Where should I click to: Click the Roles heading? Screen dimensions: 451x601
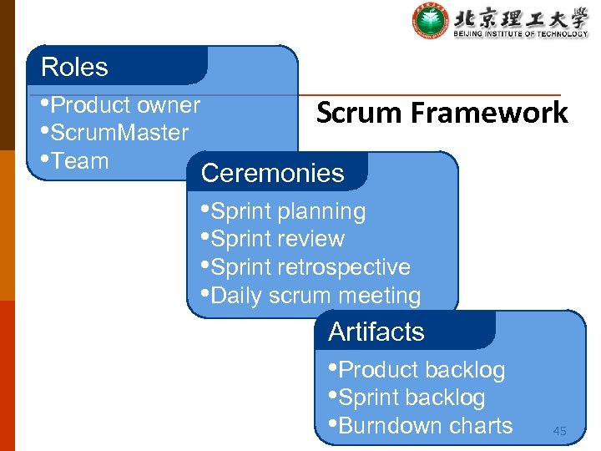click(74, 67)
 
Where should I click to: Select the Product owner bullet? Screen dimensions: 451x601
click(124, 105)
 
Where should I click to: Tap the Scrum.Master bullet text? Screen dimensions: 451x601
click(119, 133)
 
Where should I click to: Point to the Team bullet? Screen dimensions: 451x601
click(78, 161)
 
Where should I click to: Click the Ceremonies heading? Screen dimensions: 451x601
click(272, 173)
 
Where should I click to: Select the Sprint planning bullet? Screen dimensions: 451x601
click(288, 211)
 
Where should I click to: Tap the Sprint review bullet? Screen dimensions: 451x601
click(277, 239)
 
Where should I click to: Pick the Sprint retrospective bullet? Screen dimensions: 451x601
click(311, 267)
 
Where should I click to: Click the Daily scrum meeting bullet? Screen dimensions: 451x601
click(316, 296)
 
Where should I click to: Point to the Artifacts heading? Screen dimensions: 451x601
click(376, 332)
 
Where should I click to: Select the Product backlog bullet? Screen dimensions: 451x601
click(422, 370)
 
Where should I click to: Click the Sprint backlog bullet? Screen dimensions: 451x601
click(412, 398)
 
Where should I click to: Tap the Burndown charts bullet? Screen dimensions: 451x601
click(425, 426)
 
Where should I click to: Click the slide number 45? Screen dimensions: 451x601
click(559, 431)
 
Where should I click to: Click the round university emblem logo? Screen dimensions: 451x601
click(430, 21)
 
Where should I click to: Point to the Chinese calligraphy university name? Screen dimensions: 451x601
click(521, 16)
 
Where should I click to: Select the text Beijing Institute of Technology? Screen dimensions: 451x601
click(521, 34)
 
